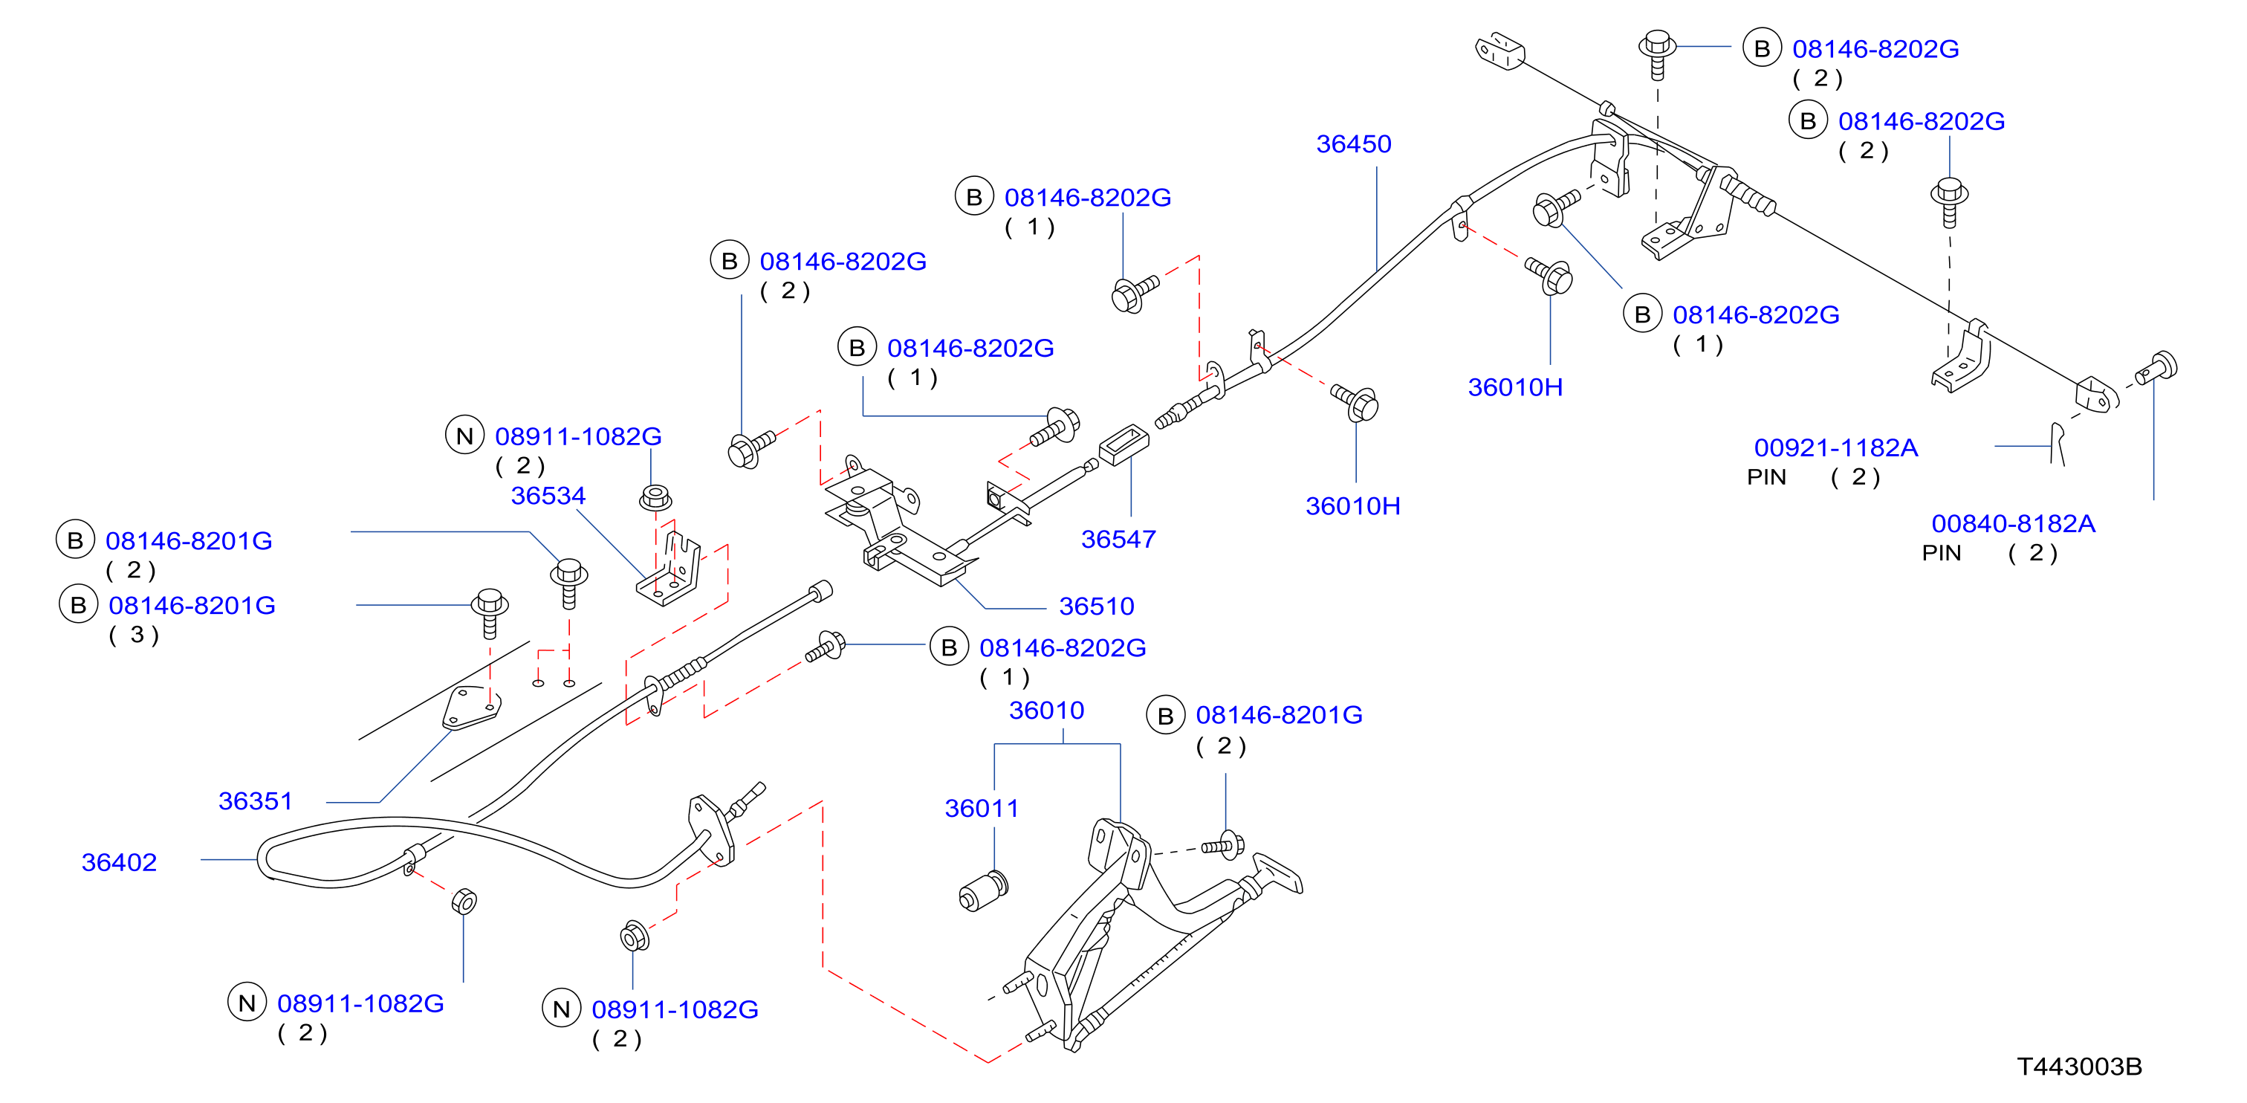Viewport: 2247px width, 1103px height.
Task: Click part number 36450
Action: [1353, 144]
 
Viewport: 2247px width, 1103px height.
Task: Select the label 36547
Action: [1118, 540]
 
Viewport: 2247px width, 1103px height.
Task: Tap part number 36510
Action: [1097, 607]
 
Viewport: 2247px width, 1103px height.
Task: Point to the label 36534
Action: [548, 496]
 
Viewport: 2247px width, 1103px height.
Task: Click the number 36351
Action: [255, 801]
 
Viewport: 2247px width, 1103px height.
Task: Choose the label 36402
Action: [119, 862]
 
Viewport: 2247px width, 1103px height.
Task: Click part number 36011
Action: [982, 808]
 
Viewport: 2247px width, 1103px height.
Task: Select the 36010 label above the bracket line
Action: [1047, 711]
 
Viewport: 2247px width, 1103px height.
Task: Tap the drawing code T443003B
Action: [2080, 1067]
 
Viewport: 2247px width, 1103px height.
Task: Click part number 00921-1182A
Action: [1836, 447]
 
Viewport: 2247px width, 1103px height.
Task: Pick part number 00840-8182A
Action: [2013, 523]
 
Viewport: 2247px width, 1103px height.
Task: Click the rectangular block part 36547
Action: [1123, 444]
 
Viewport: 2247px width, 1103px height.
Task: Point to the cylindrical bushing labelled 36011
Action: [984, 891]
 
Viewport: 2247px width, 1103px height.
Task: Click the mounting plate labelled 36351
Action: [471, 708]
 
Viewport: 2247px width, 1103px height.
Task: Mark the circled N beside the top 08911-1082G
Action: [465, 436]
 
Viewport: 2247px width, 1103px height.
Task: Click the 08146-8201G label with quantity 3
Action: [192, 606]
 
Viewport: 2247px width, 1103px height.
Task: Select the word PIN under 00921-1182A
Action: [1766, 477]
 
